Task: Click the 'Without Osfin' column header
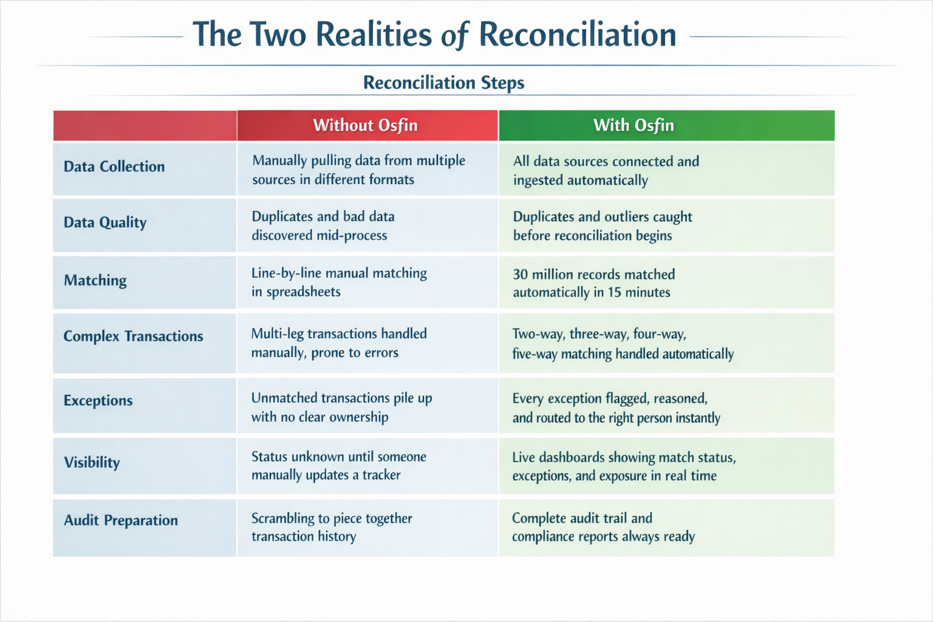point(366,125)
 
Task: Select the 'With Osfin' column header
point(634,125)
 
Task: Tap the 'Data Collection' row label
point(114,166)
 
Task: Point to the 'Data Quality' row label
point(105,222)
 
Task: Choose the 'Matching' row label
point(95,280)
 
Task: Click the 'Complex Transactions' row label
point(133,336)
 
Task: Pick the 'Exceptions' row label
point(98,400)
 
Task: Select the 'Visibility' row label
point(92,462)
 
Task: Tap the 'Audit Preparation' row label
point(121,520)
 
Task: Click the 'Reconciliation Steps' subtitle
point(443,83)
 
